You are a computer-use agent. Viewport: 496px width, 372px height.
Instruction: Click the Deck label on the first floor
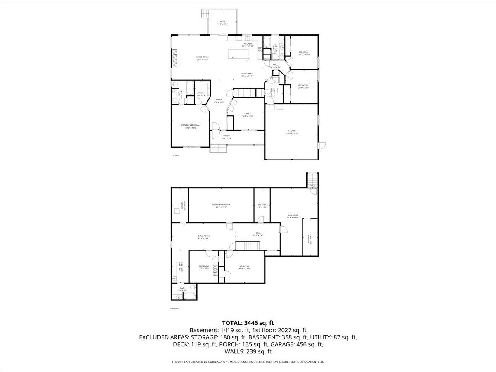click(223, 23)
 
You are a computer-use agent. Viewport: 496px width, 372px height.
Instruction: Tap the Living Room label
click(202, 58)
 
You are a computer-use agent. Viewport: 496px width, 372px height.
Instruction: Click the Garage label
click(291, 132)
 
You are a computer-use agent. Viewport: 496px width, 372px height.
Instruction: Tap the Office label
click(248, 114)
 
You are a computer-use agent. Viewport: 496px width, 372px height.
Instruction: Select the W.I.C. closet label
click(201, 94)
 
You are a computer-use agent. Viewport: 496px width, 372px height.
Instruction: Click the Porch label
click(227, 137)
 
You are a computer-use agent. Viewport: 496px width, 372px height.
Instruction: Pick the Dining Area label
click(247, 75)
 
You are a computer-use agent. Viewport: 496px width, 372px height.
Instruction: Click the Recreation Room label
click(221, 205)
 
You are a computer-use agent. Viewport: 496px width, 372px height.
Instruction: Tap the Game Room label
click(203, 237)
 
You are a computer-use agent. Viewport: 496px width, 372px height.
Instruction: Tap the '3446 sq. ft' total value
click(258, 322)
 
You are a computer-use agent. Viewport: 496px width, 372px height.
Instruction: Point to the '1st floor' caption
click(175, 155)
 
